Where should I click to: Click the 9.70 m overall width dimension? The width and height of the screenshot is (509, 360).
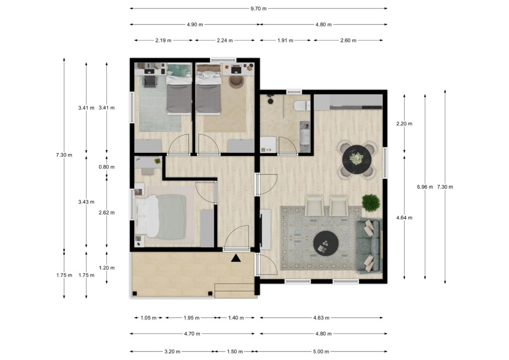pyautogui.click(x=258, y=8)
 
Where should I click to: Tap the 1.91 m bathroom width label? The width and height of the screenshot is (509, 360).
pyautogui.click(x=285, y=41)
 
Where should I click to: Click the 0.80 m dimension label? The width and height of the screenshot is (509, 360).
pyautogui.click(x=107, y=168)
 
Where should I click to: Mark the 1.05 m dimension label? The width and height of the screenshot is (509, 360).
pyautogui.click(x=149, y=318)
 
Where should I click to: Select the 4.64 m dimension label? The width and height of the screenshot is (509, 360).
pyautogui.click(x=404, y=217)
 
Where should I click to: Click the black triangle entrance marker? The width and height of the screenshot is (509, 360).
pyautogui.click(x=236, y=258)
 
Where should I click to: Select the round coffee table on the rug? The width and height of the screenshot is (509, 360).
pyautogui.click(x=326, y=243)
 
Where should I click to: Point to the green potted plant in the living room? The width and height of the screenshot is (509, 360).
pyautogui.click(x=371, y=202)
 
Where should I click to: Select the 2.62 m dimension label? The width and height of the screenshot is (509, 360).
pyautogui.click(x=107, y=212)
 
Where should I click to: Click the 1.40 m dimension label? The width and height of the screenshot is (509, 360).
pyautogui.click(x=236, y=318)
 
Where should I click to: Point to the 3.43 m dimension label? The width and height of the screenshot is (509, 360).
pyautogui.click(x=86, y=201)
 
